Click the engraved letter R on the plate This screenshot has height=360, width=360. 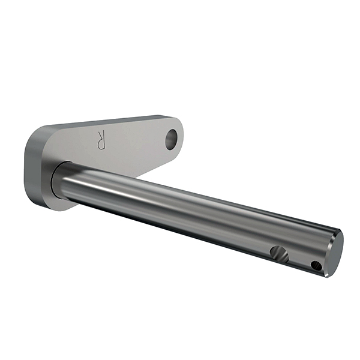point(101,140)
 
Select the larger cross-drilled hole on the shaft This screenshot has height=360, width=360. point(279,254)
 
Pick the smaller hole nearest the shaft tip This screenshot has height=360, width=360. point(316,266)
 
